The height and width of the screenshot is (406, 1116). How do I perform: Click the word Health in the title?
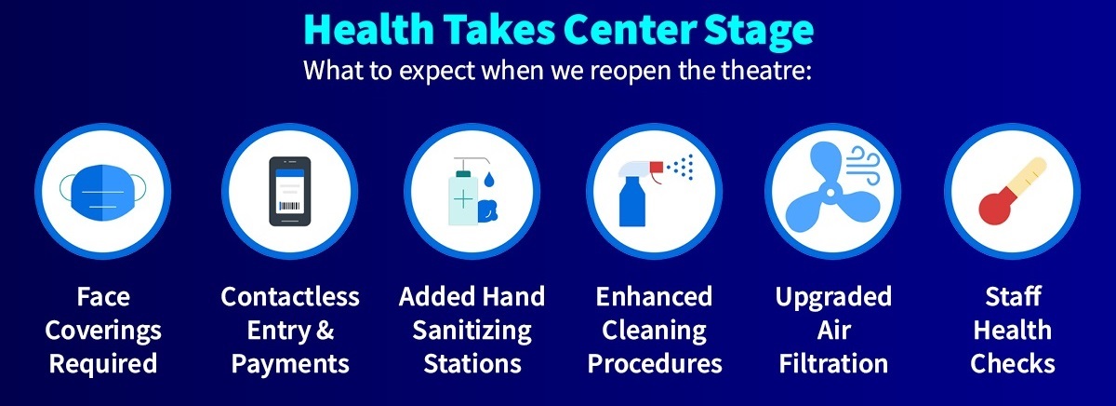tap(369, 29)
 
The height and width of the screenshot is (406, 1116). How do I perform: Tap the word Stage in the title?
tap(759, 32)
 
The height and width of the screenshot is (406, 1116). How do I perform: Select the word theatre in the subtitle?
tap(766, 70)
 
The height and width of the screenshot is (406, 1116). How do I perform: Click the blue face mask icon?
tap(102, 192)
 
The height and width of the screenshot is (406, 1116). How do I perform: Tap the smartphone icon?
tap(290, 192)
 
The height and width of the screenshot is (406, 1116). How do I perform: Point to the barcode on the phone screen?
tap(289, 206)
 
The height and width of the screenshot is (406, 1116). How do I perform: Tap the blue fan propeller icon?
tap(830, 190)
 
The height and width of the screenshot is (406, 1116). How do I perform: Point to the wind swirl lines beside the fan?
tap(864, 165)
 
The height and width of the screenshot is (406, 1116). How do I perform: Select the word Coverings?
tap(103, 332)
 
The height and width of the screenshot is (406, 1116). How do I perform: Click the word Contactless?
tap(290, 296)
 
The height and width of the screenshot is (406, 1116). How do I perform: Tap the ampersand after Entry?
tap(325, 331)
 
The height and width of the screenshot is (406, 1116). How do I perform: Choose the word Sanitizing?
tap(472, 332)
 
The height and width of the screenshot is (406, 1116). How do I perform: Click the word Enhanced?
tap(654, 296)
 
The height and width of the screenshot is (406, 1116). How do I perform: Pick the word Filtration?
tap(833, 363)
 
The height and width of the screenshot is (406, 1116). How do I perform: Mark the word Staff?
tap(1013, 296)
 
